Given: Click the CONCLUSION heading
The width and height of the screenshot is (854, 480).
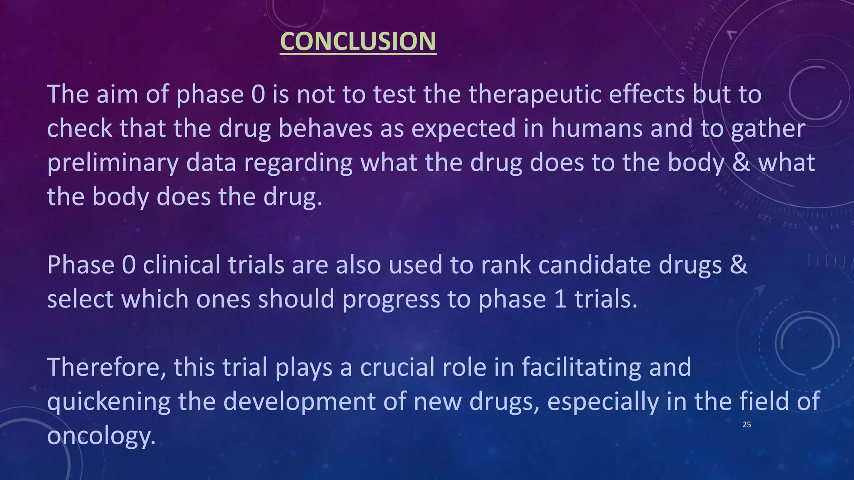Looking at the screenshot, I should [358, 41].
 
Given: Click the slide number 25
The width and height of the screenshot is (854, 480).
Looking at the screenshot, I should [746, 425].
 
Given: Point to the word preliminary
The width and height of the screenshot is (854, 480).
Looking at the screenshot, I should [113, 162].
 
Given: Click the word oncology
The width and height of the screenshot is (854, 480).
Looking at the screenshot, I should [101, 436].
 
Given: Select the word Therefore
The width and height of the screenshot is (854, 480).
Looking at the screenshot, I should [106, 367].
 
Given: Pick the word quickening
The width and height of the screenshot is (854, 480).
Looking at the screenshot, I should [109, 402].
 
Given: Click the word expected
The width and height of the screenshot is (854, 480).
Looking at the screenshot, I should [464, 128].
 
